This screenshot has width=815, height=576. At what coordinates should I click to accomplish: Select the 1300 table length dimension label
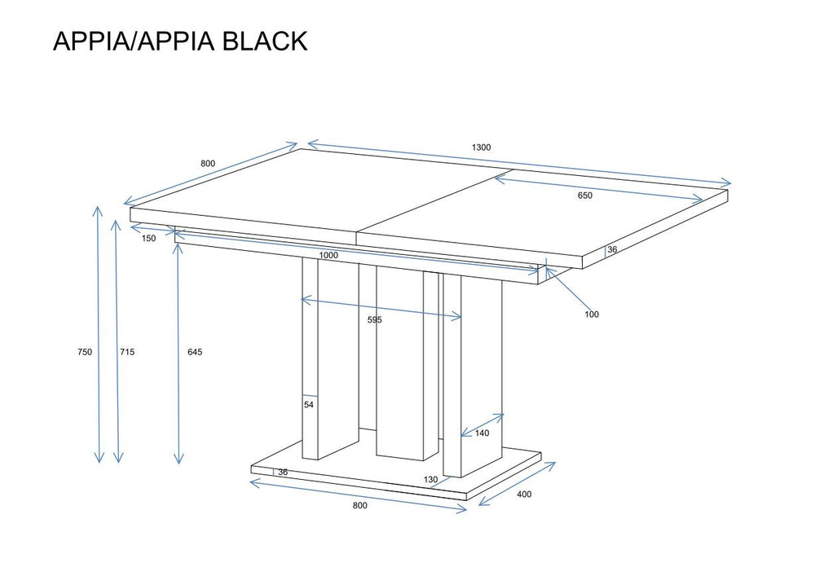pyautogui.click(x=481, y=147)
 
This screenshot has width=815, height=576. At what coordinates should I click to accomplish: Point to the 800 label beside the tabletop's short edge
pyautogui.click(x=208, y=164)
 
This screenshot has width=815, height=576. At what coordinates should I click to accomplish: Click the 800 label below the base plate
pyautogui.click(x=359, y=506)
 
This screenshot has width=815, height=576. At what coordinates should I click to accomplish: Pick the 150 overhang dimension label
pyautogui.click(x=148, y=239)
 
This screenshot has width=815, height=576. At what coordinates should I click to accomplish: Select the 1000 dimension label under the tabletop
pyautogui.click(x=329, y=255)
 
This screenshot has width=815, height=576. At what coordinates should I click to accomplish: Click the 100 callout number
pyautogui.click(x=592, y=314)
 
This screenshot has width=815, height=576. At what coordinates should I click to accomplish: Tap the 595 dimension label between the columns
pyautogui.click(x=374, y=320)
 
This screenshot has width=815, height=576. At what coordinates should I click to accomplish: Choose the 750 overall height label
pyautogui.click(x=85, y=352)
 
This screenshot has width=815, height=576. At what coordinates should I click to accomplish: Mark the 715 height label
pyautogui.click(x=127, y=352)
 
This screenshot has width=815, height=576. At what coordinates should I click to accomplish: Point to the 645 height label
pyautogui.click(x=194, y=352)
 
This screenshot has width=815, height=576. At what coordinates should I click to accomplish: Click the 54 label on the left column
pyautogui.click(x=309, y=404)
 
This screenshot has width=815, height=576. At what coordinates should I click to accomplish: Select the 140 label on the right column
pyautogui.click(x=482, y=433)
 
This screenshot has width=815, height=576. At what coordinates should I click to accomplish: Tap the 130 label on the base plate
pyautogui.click(x=430, y=480)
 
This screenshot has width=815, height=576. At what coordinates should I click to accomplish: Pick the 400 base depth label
pyautogui.click(x=524, y=495)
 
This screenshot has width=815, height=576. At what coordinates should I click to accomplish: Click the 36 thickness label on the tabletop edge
pyautogui.click(x=612, y=250)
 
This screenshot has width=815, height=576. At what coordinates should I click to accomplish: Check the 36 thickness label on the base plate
pyautogui.click(x=283, y=473)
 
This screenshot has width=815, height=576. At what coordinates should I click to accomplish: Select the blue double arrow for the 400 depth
pyautogui.click(x=517, y=484)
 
